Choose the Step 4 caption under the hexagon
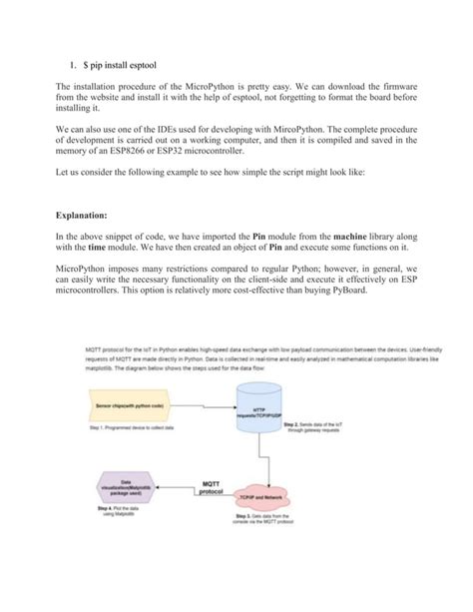(x=120, y=512)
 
